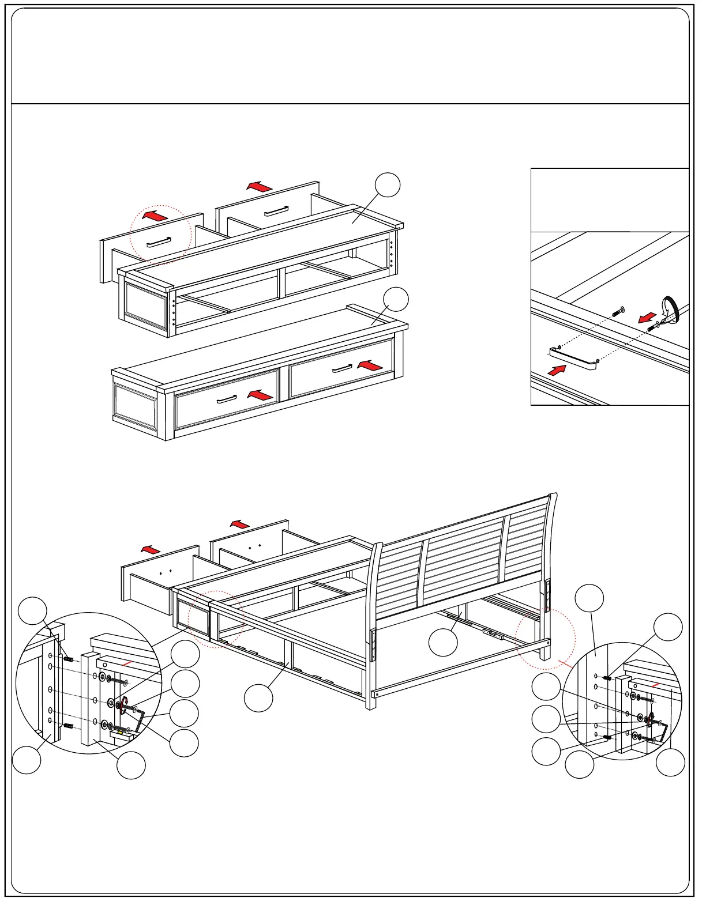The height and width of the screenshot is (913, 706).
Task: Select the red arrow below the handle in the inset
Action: point(557,369)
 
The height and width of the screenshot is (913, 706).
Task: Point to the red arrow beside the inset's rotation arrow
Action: point(647,318)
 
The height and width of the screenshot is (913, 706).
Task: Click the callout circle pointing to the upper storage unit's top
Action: point(388,184)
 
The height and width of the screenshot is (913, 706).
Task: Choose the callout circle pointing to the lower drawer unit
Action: point(396,299)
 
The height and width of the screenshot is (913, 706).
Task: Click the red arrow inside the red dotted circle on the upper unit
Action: point(155,216)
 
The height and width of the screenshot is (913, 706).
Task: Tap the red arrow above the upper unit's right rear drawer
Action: point(260,186)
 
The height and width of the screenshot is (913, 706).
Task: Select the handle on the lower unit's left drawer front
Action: point(227,399)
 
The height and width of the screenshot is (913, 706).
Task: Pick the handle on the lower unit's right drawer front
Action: point(342,368)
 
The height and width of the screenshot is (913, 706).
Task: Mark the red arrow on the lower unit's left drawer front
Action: point(260,395)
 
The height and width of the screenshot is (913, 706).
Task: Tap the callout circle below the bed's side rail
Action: point(258,698)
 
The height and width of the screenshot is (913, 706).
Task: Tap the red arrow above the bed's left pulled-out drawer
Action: point(151,549)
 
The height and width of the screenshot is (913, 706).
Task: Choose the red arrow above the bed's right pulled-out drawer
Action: point(239,524)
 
